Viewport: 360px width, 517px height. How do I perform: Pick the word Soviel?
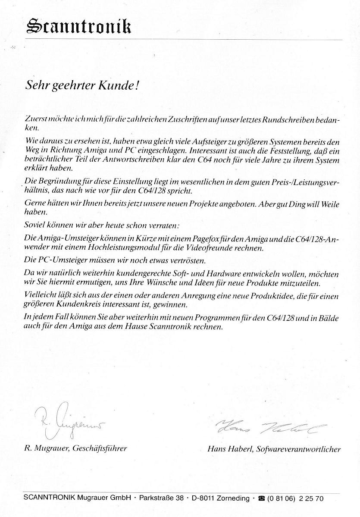36,225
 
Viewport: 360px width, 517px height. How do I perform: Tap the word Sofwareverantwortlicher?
298,449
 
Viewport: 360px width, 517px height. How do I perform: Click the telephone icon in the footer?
261,498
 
